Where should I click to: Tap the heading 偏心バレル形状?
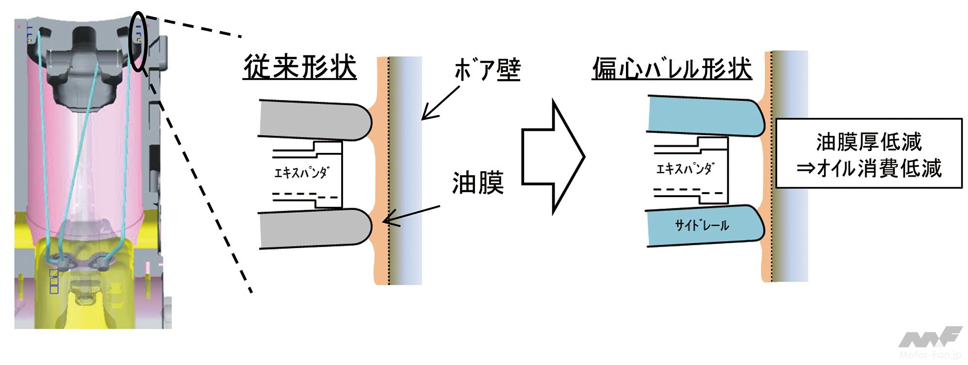point(672,68)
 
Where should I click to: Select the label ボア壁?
point(487,70)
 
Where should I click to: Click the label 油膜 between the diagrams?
point(478,183)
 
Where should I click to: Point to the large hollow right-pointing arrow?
point(553,156)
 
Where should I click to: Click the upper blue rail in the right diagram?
point(704,116)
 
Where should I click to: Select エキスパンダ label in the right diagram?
point(684,169)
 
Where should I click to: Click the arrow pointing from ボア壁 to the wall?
point(441,102)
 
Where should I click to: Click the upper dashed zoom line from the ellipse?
point(194,26)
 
